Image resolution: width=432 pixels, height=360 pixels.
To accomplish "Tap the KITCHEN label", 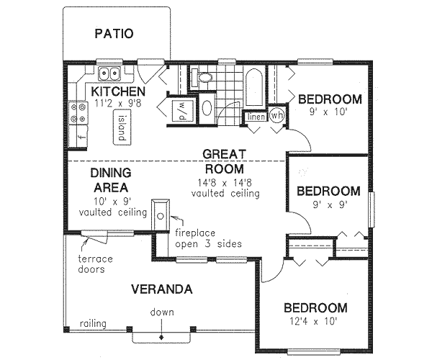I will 117,91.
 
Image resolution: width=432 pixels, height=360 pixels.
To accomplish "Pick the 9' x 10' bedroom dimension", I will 328,112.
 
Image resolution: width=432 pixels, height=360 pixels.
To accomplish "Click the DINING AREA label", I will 111,180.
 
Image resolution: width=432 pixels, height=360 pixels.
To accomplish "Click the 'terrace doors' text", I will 93,264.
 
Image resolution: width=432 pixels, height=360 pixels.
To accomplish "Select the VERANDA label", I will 161,289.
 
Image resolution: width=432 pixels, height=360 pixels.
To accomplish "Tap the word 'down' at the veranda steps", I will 161,312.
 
